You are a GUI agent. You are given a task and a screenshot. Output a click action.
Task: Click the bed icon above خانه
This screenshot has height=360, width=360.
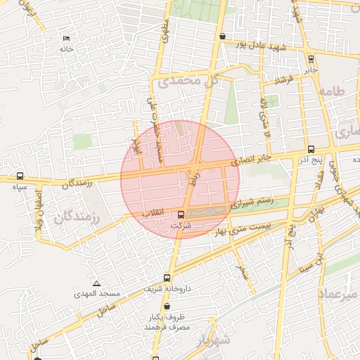pyautogui.click(x=67, y=38)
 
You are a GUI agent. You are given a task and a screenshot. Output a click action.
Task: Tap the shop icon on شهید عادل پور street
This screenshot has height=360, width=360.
pyautogui.click(x=223, y=36)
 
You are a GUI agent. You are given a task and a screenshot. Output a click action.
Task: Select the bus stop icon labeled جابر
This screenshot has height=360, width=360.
pyautogui.click(x=311, y=60)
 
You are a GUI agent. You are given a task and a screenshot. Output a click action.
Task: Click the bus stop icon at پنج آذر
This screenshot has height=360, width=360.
pyautogui.click(x=311, y=149)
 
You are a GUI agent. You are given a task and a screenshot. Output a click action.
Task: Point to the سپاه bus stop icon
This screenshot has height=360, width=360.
pyautogui.click(x=20, y=176)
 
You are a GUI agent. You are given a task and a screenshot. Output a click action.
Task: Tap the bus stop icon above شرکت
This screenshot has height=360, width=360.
pyautogui.click(x=181, y=214)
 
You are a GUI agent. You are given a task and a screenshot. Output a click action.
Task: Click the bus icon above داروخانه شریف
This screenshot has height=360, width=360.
pyautogui.click(x=167, y=278)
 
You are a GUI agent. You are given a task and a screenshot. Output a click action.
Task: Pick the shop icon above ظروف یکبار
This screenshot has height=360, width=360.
pyautogui.click(x=167, y=307)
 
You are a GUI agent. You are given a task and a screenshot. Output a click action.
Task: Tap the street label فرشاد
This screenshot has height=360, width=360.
pyautogui.click(x=284, y=81)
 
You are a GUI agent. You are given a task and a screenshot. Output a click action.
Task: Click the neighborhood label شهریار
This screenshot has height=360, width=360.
pyautogui.click(x=214, y=340)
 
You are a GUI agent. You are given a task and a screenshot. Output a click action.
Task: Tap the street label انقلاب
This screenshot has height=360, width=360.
pyautogui.click(x=153, y=212)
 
